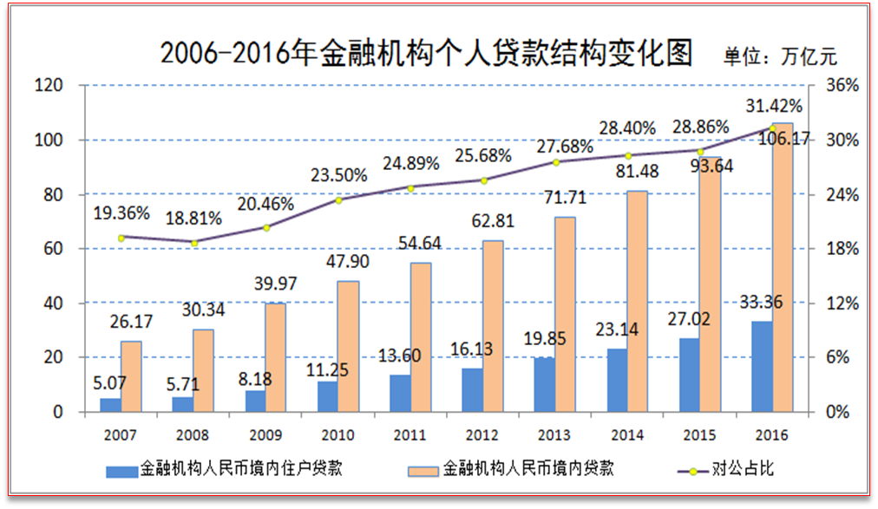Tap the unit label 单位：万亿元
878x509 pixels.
[x=779, y=57]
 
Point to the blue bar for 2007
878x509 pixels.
[x=110, y=405]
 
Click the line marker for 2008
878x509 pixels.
[x=194, y=243]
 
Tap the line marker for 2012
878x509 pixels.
[x=484, y=180]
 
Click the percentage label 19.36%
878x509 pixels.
[x=121, y=212]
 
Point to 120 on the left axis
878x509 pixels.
[x=49, y=85]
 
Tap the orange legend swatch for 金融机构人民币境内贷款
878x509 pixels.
[x=423, y=470]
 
